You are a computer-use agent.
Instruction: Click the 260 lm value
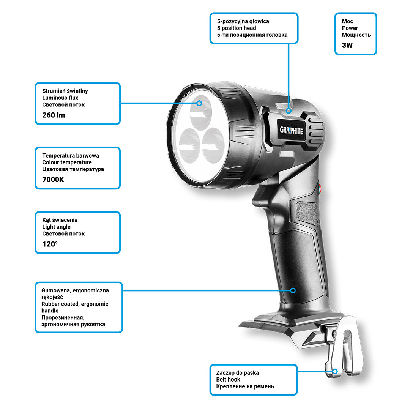point(54,115)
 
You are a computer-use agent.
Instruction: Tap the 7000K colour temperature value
point(53,180)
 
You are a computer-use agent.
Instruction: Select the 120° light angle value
point(50,244)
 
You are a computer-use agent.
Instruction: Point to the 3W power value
point(347,45)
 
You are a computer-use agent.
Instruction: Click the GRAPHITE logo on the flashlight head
point(292,130)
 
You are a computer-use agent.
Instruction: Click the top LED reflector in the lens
point(201,112)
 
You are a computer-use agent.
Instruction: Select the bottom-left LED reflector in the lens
point(189,146)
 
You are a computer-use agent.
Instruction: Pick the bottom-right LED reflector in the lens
point(213,145)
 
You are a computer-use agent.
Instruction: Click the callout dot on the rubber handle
point(293,290)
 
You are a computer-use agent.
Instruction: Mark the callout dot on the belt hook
point(335,371)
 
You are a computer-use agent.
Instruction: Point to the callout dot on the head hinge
point(289,110)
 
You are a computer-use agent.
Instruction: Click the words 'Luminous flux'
point(60,98)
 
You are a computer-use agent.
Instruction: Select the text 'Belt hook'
point(228,379)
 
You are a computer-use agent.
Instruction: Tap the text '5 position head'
point(237,28)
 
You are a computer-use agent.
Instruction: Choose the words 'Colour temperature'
point(67,162)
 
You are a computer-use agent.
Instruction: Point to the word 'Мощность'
point(356,35)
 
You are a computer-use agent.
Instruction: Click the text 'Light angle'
point(56,227)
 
